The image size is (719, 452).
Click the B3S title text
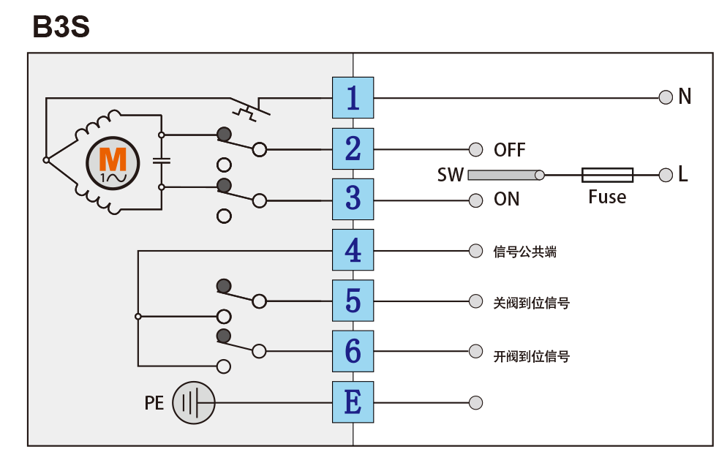[61, 28]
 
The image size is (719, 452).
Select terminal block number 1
[353, 97]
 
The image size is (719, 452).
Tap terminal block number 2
[353, 148]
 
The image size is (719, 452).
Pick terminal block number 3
[353, 199]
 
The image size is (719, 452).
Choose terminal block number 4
[353, 250]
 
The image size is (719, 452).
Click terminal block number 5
[353, 301]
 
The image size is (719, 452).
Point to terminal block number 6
[353, 351]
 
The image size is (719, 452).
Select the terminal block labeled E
[353, 402]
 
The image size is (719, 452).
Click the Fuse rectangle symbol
[607, 174]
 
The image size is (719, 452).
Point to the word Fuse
[607, 197]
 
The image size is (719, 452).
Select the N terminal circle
[666, 97]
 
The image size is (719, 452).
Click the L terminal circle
[666, 174]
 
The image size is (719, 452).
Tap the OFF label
[510, 150]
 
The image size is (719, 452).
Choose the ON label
[507, 199]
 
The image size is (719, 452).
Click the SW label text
[451, 175]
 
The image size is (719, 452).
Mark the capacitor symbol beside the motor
[162, 161]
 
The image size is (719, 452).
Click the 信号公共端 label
[525, 252]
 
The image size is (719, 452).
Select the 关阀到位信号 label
[532, 302]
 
